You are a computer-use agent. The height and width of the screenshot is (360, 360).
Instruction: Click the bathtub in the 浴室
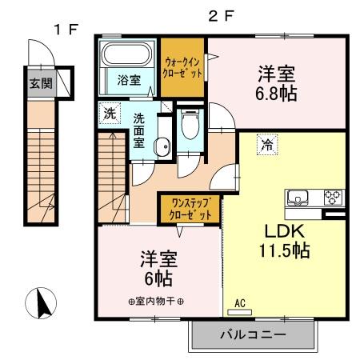tap(126, 57)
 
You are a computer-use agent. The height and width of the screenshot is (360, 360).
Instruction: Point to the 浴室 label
tap(127, 80)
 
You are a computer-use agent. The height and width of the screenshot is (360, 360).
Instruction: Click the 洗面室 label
tap(138, 130)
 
